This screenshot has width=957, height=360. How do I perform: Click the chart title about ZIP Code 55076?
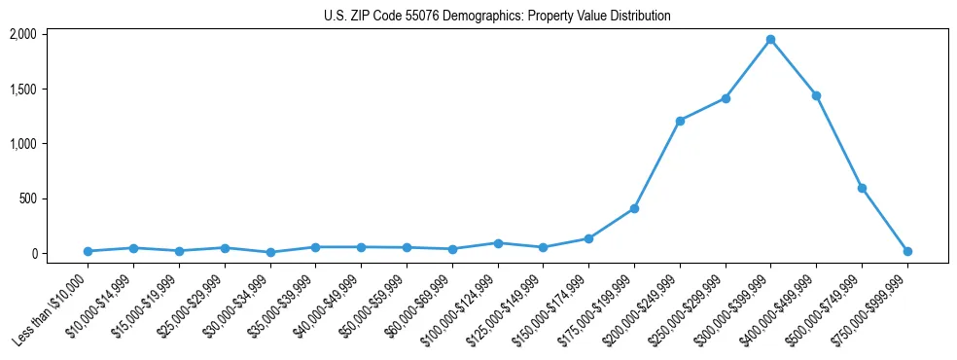click(x=497, y=17)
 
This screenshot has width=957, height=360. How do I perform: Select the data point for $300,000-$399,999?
click(x=770, y=40)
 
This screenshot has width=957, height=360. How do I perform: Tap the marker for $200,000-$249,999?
click(x=680, y=121)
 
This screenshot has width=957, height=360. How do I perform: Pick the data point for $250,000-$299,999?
click(x=726, y=98)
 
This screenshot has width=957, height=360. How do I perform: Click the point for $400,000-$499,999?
click(x=816, y=95)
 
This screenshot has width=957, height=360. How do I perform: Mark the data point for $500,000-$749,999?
click(x=862, y=188)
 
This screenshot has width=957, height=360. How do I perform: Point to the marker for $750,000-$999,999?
click(x=907, y=251)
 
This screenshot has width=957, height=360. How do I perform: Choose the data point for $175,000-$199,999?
click(x=634, y=208)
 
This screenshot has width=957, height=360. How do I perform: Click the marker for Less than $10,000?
click(x=88, y=251)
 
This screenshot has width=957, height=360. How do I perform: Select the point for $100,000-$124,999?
click(x=498, y=243)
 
